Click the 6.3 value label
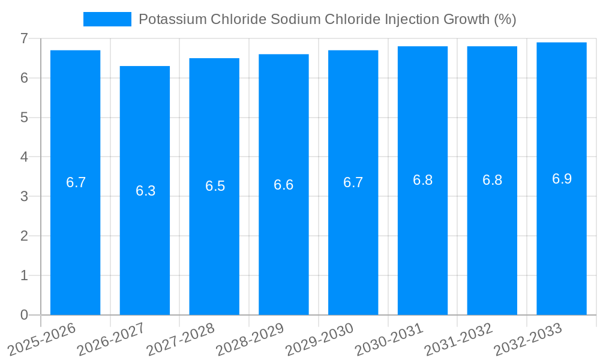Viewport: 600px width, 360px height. tap(145, 191)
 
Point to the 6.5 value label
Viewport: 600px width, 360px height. tap(215, 186)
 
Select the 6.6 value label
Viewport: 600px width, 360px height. tap(284, 185)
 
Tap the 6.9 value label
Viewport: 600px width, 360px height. tap(562, 179)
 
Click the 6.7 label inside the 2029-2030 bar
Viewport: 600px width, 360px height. tap(353, 182)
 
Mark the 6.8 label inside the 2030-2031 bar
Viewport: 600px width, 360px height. tap(423, 180)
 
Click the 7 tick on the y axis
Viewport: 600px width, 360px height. tap(24, 38)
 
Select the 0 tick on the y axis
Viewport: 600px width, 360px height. tap(24, 315)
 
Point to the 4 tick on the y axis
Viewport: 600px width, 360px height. tap(24, 157)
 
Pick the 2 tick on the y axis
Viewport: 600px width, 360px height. tap(24, 236)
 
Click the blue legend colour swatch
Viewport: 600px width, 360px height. tap(107, 19)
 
